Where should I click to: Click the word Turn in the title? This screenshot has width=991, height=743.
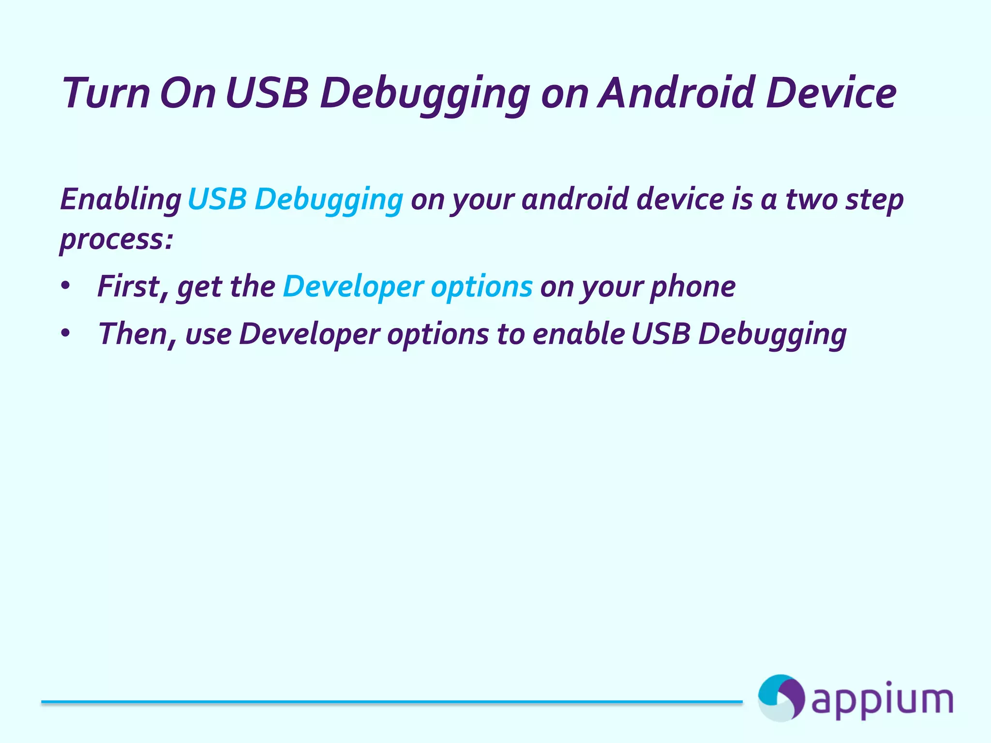pos(106,93)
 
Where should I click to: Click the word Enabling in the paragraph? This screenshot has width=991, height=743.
pos(120,199)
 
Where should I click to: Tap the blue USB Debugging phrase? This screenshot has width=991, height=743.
pos(295,199)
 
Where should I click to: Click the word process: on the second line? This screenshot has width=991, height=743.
pos(116,239)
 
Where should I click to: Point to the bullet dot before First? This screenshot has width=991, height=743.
pos(66,286)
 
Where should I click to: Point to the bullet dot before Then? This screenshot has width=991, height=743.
pos(66,333)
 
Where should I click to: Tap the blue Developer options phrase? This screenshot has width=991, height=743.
pos(407,287)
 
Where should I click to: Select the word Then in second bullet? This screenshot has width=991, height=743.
pos(131,334)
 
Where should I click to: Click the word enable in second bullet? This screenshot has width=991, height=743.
pos(578,334)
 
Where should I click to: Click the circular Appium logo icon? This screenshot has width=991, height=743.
pos(781,698)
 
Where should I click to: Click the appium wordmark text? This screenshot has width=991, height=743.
pos(882,700)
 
